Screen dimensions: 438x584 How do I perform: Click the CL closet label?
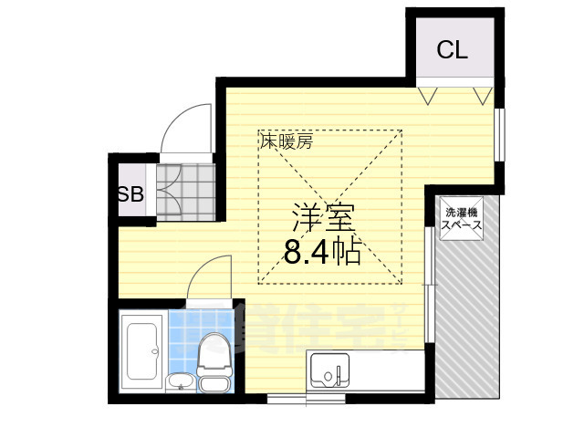point(451,50)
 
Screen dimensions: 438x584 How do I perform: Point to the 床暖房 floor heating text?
point(287,141)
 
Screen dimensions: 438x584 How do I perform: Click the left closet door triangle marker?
point(427,94)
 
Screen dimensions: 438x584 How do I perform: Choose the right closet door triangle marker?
point(484,94)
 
